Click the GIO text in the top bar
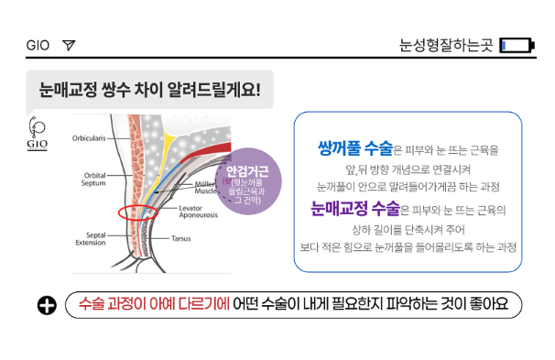(38, 45)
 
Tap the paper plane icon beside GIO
(69, 45)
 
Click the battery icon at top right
(517, 45)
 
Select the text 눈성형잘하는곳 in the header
(446, 45)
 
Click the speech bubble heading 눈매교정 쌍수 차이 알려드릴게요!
(149, 90)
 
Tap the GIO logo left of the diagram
(37, 134)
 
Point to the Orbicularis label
(89, 138)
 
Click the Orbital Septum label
(93, 180)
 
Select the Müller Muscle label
(205, 188)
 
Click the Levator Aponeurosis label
(198, 212)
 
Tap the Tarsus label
(180, 238)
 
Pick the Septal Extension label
(91, 239)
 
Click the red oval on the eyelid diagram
(137, 206)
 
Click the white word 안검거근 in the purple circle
(247, 171)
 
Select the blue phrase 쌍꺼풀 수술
(355, 148)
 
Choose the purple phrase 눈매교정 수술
(355, 208)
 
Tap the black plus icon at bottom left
(47, 305)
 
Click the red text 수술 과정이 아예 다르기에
(154, 304)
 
